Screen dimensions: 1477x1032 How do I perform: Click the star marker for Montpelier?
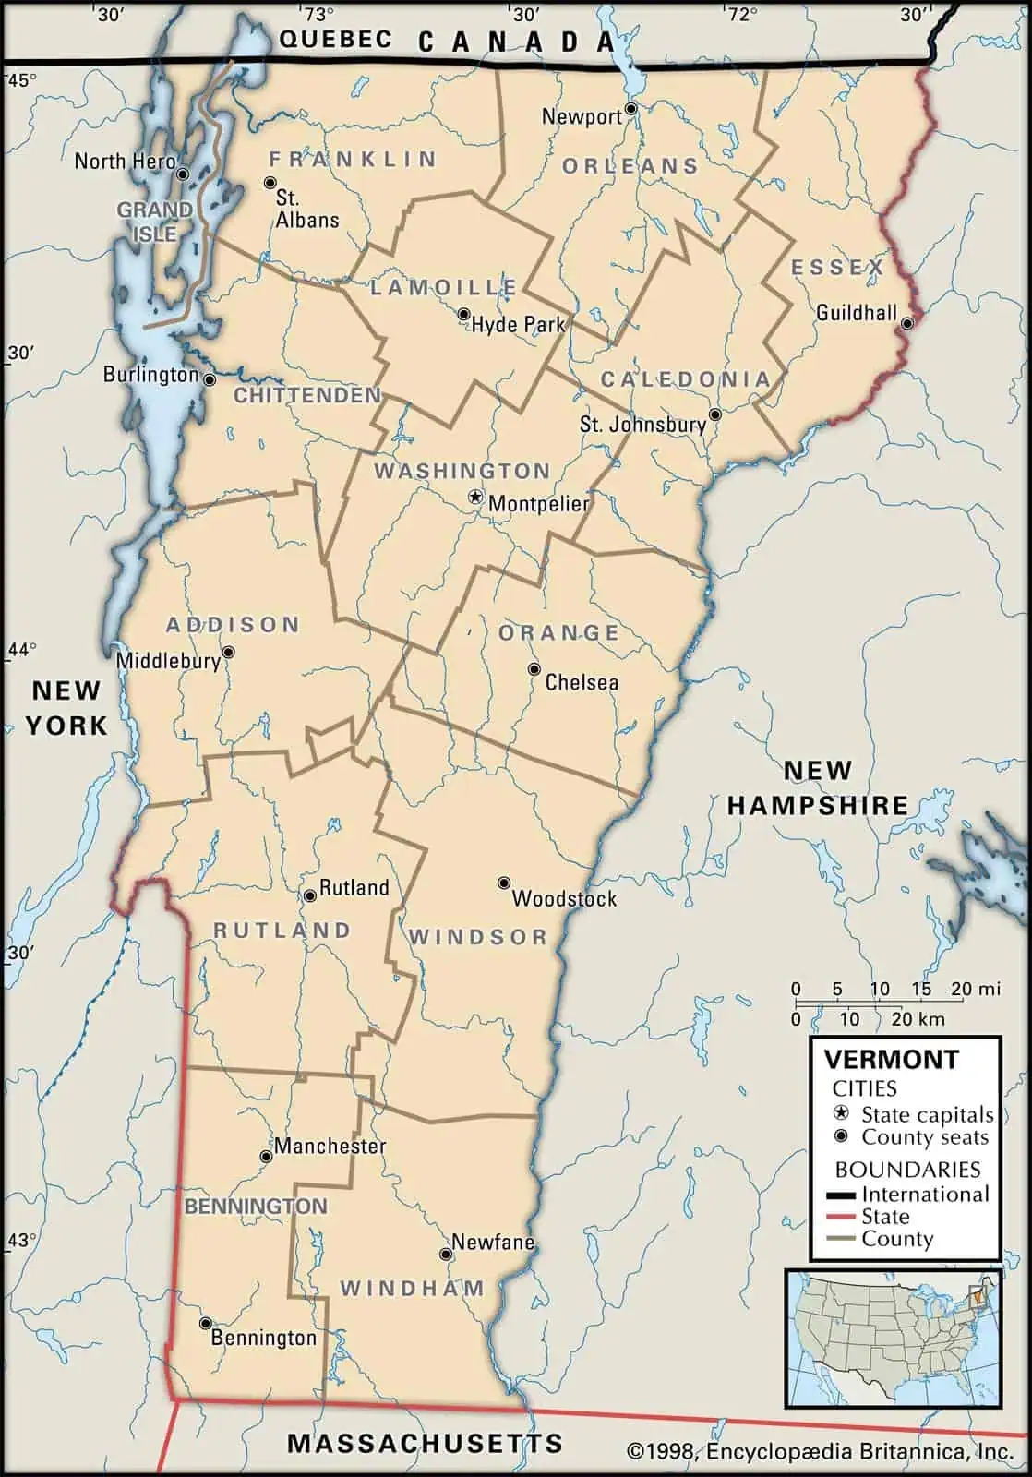point(475,498)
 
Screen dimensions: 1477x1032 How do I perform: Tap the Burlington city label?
point(150,374)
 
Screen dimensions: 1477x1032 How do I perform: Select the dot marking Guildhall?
point(907,323)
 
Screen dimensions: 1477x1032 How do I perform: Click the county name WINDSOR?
point(478,937)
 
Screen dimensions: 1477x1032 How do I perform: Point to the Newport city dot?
point(631,109)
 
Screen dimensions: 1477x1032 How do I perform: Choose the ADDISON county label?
point(233,625)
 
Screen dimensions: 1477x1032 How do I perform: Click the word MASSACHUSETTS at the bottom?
point(425,1443)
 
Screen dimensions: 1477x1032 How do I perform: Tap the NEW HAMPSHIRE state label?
point(818,787)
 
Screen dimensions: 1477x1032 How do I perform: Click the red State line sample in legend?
point(844,1217)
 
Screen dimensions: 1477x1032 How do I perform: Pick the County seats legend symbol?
point(841,1136)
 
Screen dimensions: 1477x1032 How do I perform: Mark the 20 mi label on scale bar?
point(976,989)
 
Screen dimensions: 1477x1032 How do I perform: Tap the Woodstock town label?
point(564,898)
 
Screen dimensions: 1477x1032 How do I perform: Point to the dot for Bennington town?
point(205,1323)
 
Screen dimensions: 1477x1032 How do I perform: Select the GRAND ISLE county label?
point(154,222)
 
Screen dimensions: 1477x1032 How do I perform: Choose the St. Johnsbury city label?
point(642,425)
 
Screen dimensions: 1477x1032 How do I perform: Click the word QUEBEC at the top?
point(335,39)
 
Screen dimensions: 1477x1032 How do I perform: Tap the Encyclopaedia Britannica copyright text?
point(820,1452)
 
